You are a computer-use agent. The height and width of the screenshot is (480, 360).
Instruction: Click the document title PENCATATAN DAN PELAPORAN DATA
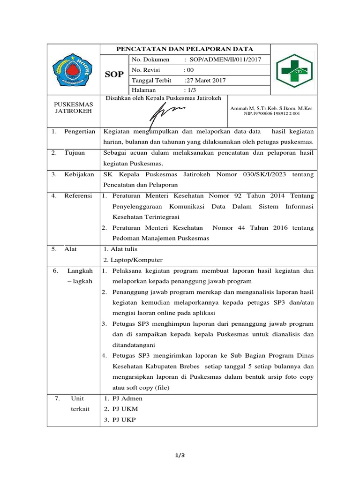(x=185, y=49)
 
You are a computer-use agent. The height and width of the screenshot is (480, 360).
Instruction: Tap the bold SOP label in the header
(x=114, y=75)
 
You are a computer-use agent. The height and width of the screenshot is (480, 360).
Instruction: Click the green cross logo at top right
(x=294, y=70)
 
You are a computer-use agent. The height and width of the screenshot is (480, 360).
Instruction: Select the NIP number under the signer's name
(x=271, y=114)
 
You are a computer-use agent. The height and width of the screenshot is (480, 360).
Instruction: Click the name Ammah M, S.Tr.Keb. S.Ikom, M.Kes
(x=271, y=108)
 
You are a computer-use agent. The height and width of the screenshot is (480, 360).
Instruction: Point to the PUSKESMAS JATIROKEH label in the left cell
(x=73, y=107)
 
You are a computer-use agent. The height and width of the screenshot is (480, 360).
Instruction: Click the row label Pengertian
(x=80, y=132)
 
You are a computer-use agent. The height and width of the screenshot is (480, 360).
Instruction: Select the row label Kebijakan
(x=79, y=174)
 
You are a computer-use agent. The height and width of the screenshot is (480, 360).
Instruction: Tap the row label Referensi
(x=78, y=195)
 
